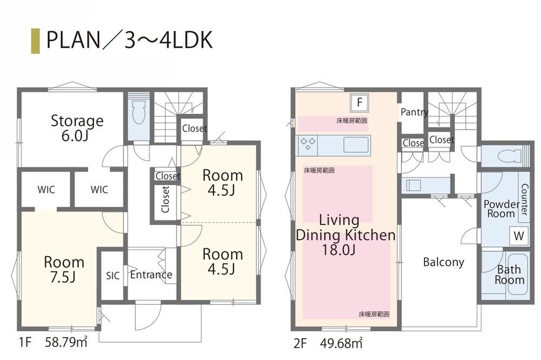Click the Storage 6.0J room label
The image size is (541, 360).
(77, 128)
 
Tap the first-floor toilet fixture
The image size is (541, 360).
(139, 112)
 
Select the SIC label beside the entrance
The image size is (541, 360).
(113, 276)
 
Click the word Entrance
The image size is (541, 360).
(151, 274)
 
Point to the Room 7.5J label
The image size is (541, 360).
(64, 269)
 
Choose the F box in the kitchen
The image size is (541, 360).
(360, 102)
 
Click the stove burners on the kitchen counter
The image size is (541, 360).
(308, 144)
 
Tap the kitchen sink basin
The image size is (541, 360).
(356, 145)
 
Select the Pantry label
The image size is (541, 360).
(414, 112)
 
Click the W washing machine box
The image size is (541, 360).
(519, 236)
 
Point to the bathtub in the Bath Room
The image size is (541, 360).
(518, 274)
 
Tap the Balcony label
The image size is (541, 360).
(444, 262)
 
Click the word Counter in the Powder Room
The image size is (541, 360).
(524, 199)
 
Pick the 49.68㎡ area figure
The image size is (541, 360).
(341, 343)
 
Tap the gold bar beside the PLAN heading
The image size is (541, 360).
(35, 41)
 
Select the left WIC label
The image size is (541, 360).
(46, 189)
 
